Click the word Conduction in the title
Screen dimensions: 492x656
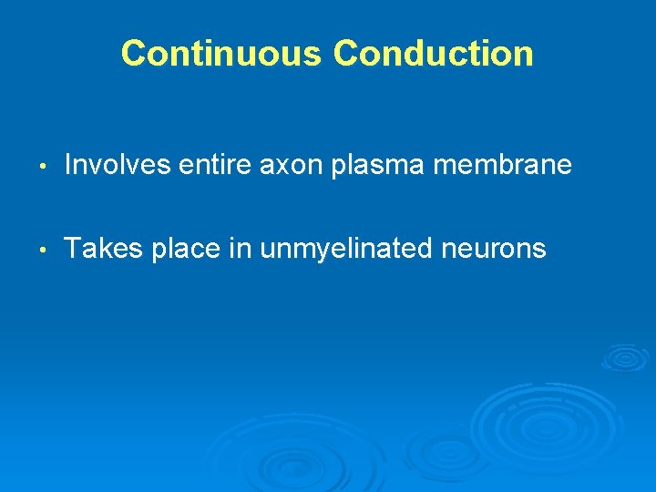click(x=434, y=54)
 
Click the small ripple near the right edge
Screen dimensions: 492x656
click(x=625, y=356)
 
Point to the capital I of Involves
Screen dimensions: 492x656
click(x=69, y=165)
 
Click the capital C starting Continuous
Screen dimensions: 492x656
click(x=134, y=54)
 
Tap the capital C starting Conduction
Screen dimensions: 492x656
click(x=347, y=54)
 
